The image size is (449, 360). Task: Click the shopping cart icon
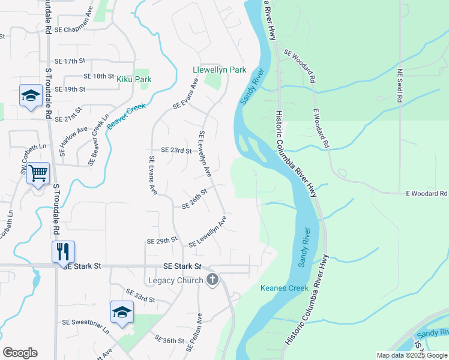tap(38, 173)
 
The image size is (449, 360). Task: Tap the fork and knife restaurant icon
tap(63, 251)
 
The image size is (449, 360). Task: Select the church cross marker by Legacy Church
tap(212, 280)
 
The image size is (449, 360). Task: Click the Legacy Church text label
tap(175, 280)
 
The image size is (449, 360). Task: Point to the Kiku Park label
tap(134, 79)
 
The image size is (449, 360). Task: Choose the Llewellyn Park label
tap(219, 70)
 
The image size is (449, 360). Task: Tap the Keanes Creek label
tap(284, 288)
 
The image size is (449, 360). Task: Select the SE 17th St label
tap(70, 61)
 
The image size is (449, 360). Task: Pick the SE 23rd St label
tap(176, 151)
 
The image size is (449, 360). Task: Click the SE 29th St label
tap(162, 241)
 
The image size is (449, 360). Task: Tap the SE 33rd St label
tap(141, 295)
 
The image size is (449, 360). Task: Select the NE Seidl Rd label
tap(401, 86)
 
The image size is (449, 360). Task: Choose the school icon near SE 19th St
tap(30, 95)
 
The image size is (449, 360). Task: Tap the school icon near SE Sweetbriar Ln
tap(122, 312)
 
